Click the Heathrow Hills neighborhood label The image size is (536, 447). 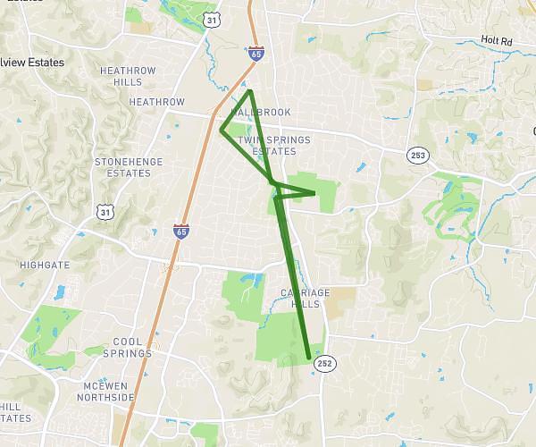(x=128, y=76)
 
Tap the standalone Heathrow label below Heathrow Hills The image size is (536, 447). (x=156, y=102)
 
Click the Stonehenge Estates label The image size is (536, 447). (x=123, y=167)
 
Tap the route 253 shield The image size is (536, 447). (x=416, y=155)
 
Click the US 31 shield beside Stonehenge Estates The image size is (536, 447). (x=105, y=210)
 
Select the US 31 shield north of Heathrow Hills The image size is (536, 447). (x=210, y=19)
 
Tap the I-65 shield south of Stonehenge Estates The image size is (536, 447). (x=181, y=231)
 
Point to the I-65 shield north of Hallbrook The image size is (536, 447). (x=256, y=55)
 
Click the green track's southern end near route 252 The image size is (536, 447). (x=309, y=358)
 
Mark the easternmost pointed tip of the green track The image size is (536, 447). (x=315, y=192)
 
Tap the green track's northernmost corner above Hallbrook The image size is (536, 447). (x=250, y=90)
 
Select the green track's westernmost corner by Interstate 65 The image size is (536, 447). (x=222, y=131)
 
